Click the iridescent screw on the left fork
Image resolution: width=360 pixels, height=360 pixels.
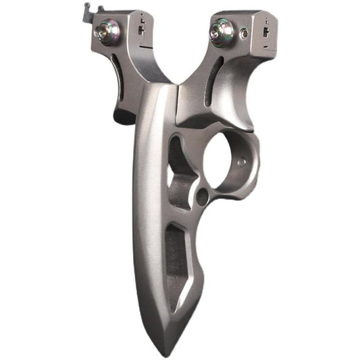pyautogui.click(x=109, y=30)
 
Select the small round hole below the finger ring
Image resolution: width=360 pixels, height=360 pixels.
pyautogui.click(x=202, y=197)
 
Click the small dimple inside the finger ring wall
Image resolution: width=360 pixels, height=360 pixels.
pyautogui.click(x=240, y=163)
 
